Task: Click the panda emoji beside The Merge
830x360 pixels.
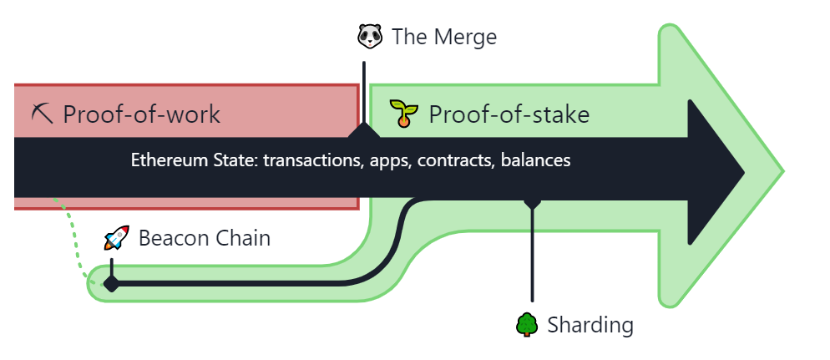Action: (x=370, y=37)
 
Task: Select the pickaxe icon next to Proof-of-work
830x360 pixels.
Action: (x=43, y=114)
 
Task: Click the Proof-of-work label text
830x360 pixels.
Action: (x=141, y=114)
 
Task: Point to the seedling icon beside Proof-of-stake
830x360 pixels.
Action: (x=404, y=114)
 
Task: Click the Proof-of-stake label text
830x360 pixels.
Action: (x=509, y=114)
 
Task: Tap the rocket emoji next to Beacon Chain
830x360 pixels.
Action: (x=116, y=238)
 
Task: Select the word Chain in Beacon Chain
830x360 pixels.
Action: (x=243, y=238)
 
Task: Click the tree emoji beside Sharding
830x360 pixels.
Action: (x=527, y=325)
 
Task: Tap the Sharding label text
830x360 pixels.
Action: (x=590, y=325)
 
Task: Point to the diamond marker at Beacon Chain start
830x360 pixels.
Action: (x=111, y=284)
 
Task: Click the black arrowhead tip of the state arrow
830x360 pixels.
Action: (x=744, y=172)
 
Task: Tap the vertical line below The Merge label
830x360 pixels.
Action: (x=364, y=94)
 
